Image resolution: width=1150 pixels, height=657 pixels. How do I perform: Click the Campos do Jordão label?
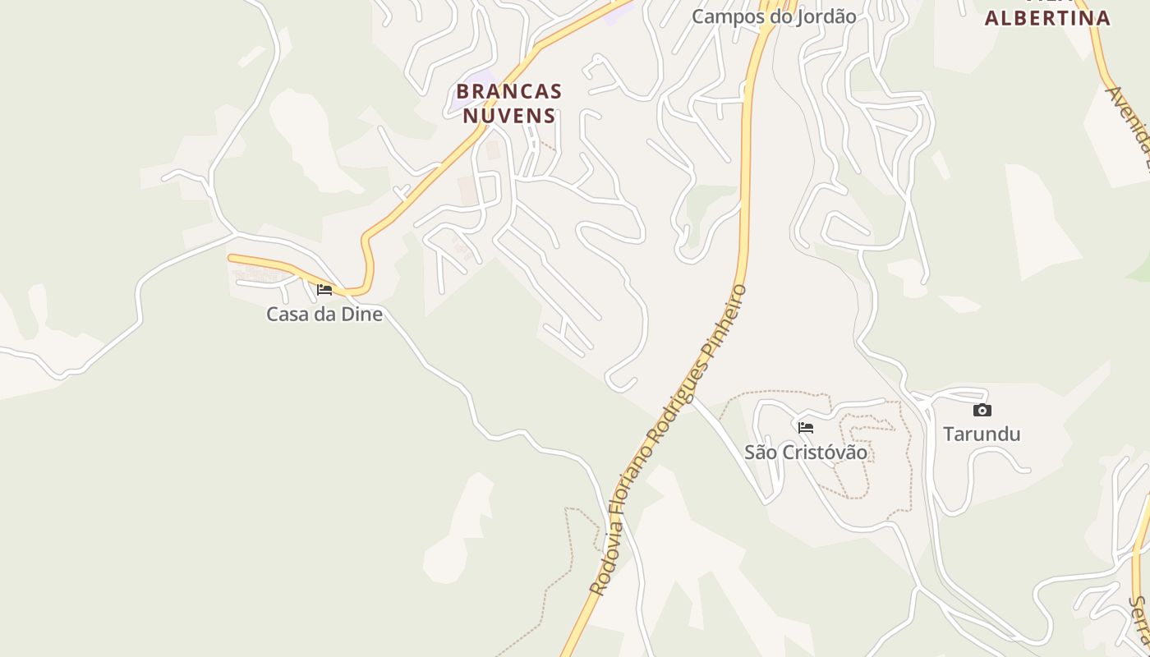[x=774, y=16]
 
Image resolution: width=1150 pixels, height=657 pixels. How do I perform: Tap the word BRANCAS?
[x=509, y=91]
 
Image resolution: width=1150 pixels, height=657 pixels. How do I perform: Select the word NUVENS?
[x=509, y=116]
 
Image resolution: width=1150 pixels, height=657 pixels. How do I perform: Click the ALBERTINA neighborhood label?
[x=1047, y=18]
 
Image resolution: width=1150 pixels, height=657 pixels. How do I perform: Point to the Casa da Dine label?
[x=324, y=314]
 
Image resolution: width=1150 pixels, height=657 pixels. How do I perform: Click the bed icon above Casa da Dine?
[x=324, y=289]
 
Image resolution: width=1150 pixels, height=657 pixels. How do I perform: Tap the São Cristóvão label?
[x=805, y=452]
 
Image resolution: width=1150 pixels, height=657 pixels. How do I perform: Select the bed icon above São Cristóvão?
[x=805, y=427]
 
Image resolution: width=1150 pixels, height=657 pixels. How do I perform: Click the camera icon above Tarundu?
[x=982, y=410]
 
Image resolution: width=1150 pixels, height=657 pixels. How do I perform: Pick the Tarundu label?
[x=982, y=434]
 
